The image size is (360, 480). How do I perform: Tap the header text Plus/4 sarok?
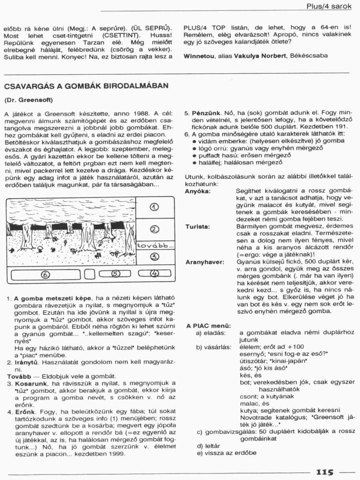click(329, 6)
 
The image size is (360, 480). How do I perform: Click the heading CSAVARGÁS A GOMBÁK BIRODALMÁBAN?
click(86, 86)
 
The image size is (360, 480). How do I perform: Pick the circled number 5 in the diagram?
click(115, 274)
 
